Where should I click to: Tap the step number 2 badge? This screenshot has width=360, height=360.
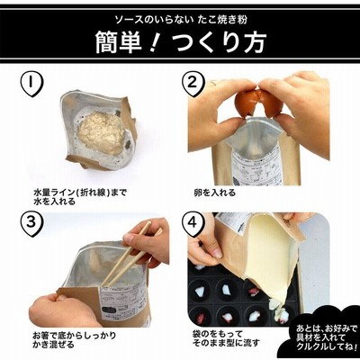(193, 84)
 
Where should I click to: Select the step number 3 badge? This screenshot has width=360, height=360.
(31, 224)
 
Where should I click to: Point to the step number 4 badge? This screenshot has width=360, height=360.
(193, 224)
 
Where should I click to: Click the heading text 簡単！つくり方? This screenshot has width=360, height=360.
(180, 42)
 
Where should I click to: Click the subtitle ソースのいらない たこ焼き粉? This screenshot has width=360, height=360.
(181, 20)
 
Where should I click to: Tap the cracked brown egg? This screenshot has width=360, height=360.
(258, 103)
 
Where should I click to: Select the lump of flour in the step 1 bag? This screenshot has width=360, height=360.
(101, 133)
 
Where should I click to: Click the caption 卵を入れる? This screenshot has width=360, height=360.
(215, 193)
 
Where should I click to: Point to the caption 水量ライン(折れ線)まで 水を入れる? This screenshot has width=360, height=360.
(80, 197)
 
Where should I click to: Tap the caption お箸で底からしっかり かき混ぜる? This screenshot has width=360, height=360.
(74, 339)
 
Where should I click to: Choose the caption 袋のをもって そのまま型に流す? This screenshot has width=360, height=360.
(226, 337)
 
